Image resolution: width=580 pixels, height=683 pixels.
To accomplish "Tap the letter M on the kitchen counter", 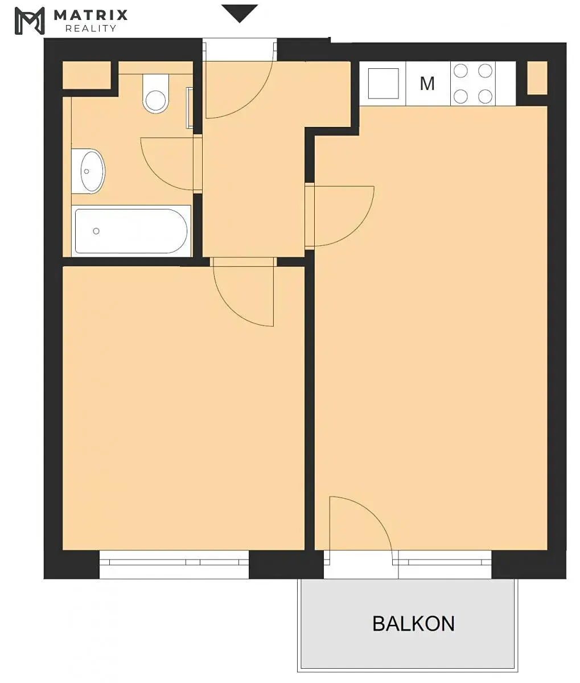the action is coord(427,84).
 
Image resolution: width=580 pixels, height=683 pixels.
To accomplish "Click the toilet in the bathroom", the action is coord(155,93).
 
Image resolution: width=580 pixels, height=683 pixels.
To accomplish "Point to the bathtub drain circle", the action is coord(96,231).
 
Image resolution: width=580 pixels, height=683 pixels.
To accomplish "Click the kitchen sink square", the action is coord(384,83).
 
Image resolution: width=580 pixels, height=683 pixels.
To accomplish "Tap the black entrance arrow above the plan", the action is coord(239,14).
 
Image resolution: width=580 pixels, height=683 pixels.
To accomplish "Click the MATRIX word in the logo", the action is coord(91,15).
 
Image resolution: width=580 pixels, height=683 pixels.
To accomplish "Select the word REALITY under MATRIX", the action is coord(91,28).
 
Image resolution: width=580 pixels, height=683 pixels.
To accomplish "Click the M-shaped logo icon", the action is coord(30,21).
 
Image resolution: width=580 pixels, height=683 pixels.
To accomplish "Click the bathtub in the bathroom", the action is coord(131,231).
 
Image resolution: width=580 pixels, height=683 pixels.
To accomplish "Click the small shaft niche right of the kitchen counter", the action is coord(537,77).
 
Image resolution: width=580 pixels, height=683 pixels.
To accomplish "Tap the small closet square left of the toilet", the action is coord(87,75).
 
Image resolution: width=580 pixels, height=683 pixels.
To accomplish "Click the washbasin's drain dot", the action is coord(87,171).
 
